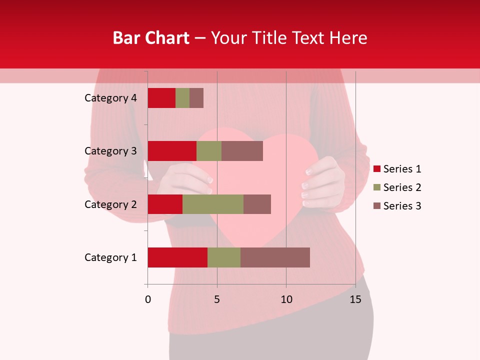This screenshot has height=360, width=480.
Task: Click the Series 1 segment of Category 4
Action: (161, 98)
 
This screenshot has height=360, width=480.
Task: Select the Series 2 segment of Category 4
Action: (182, 98)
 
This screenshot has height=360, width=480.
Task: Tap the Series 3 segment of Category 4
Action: (196, 98)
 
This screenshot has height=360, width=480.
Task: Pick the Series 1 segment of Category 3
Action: (172, 151)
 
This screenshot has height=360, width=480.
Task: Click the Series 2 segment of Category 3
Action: (209, 151)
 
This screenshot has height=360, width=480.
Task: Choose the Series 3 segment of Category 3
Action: (242, 151)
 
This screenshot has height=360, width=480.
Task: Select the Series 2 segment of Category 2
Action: (213, 204)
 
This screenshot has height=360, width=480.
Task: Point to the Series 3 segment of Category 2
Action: (257, 204)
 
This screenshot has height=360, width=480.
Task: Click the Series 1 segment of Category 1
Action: (177, 257)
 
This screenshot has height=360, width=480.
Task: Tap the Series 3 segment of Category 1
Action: (275, 257)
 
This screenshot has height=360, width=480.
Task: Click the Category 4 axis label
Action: (110, 98)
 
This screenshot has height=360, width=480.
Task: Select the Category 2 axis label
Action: (110, 204)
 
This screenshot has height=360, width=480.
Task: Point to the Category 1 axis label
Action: (110, 257)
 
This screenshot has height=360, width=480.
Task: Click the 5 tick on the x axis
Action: (217, 299)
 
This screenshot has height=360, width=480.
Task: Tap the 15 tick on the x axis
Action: (355, 299)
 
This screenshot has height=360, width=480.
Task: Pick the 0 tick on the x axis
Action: (148, 299)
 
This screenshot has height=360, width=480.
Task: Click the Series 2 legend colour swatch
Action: (377, 187)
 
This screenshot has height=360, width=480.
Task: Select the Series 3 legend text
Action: (402, 206)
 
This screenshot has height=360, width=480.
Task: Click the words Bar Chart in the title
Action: (151, 38)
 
